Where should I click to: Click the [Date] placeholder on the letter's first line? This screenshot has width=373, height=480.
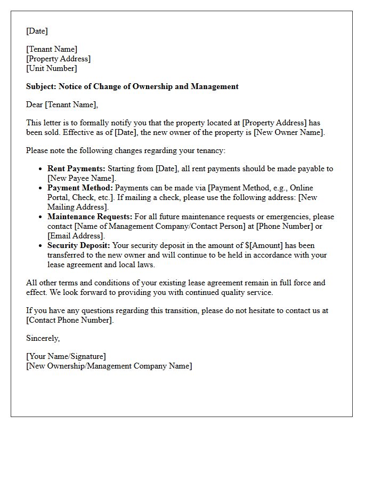tap(37, 31)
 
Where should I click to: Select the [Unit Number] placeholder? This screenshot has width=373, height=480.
tap(51, 68)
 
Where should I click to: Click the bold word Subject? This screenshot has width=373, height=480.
tap(41, 86)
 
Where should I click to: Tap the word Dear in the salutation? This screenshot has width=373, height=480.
tap(35, 105)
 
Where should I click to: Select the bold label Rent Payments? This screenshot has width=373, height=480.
tap(76, 169)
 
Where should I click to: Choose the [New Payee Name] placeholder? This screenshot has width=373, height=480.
tap(81, 178)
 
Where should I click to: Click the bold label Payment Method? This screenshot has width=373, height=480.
tap(80, 188)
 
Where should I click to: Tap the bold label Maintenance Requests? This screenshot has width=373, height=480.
tap(88, 217)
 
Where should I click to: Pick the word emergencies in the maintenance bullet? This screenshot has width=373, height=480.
tap(290, 217)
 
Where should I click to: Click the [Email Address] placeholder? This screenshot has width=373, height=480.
tap(76, 236)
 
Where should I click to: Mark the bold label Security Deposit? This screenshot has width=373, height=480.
tap(78, 245)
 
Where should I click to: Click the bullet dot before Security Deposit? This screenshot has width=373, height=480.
tap(40, 246)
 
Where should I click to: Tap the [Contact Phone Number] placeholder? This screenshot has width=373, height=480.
tap(69, 320)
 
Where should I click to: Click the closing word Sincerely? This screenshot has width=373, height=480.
tap(43, 338)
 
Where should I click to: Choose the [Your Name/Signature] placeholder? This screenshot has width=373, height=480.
tap(66, 356)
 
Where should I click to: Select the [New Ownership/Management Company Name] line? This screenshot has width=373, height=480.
tap(109, 366)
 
